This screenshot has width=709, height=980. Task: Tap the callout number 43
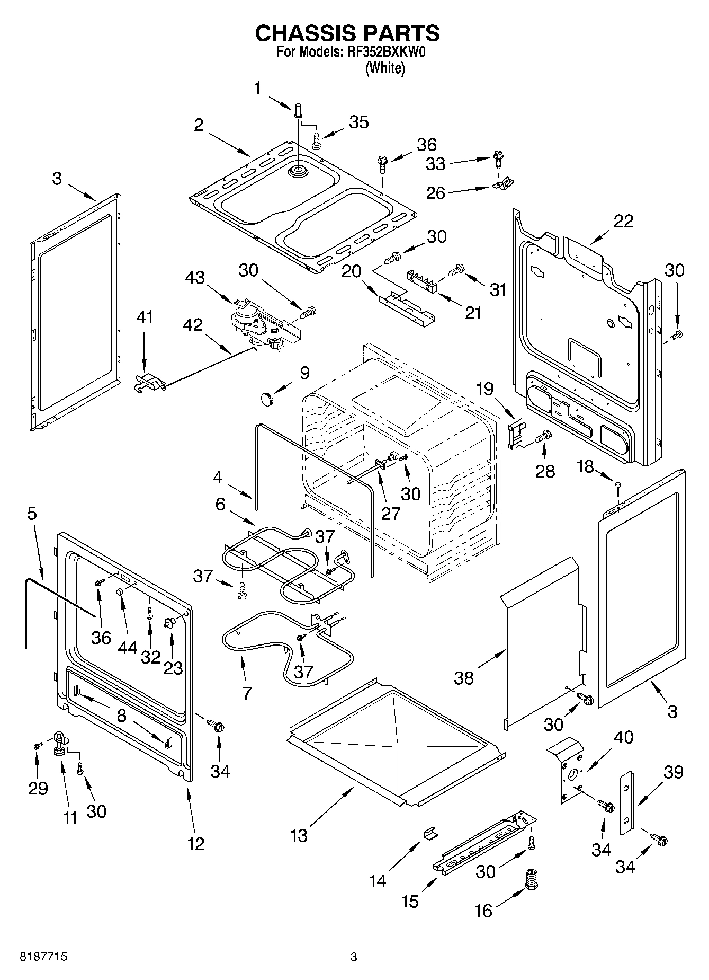click(x=195, y=278)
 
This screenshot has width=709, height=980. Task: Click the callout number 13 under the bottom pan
click(x=299, y=835)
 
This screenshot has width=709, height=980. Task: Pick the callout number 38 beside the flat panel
click(x=464, y=678)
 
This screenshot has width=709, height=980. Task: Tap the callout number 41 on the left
click(x=144, y=317)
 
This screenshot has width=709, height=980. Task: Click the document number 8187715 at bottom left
click(x=43, y=957)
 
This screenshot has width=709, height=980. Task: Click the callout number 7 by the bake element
click(x=247, y=693)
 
